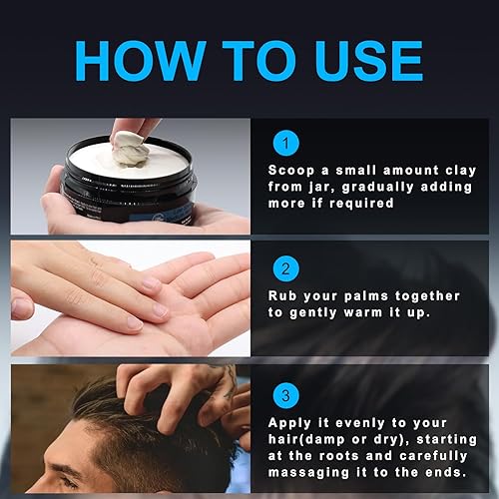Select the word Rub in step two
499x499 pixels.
pos(281,295)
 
